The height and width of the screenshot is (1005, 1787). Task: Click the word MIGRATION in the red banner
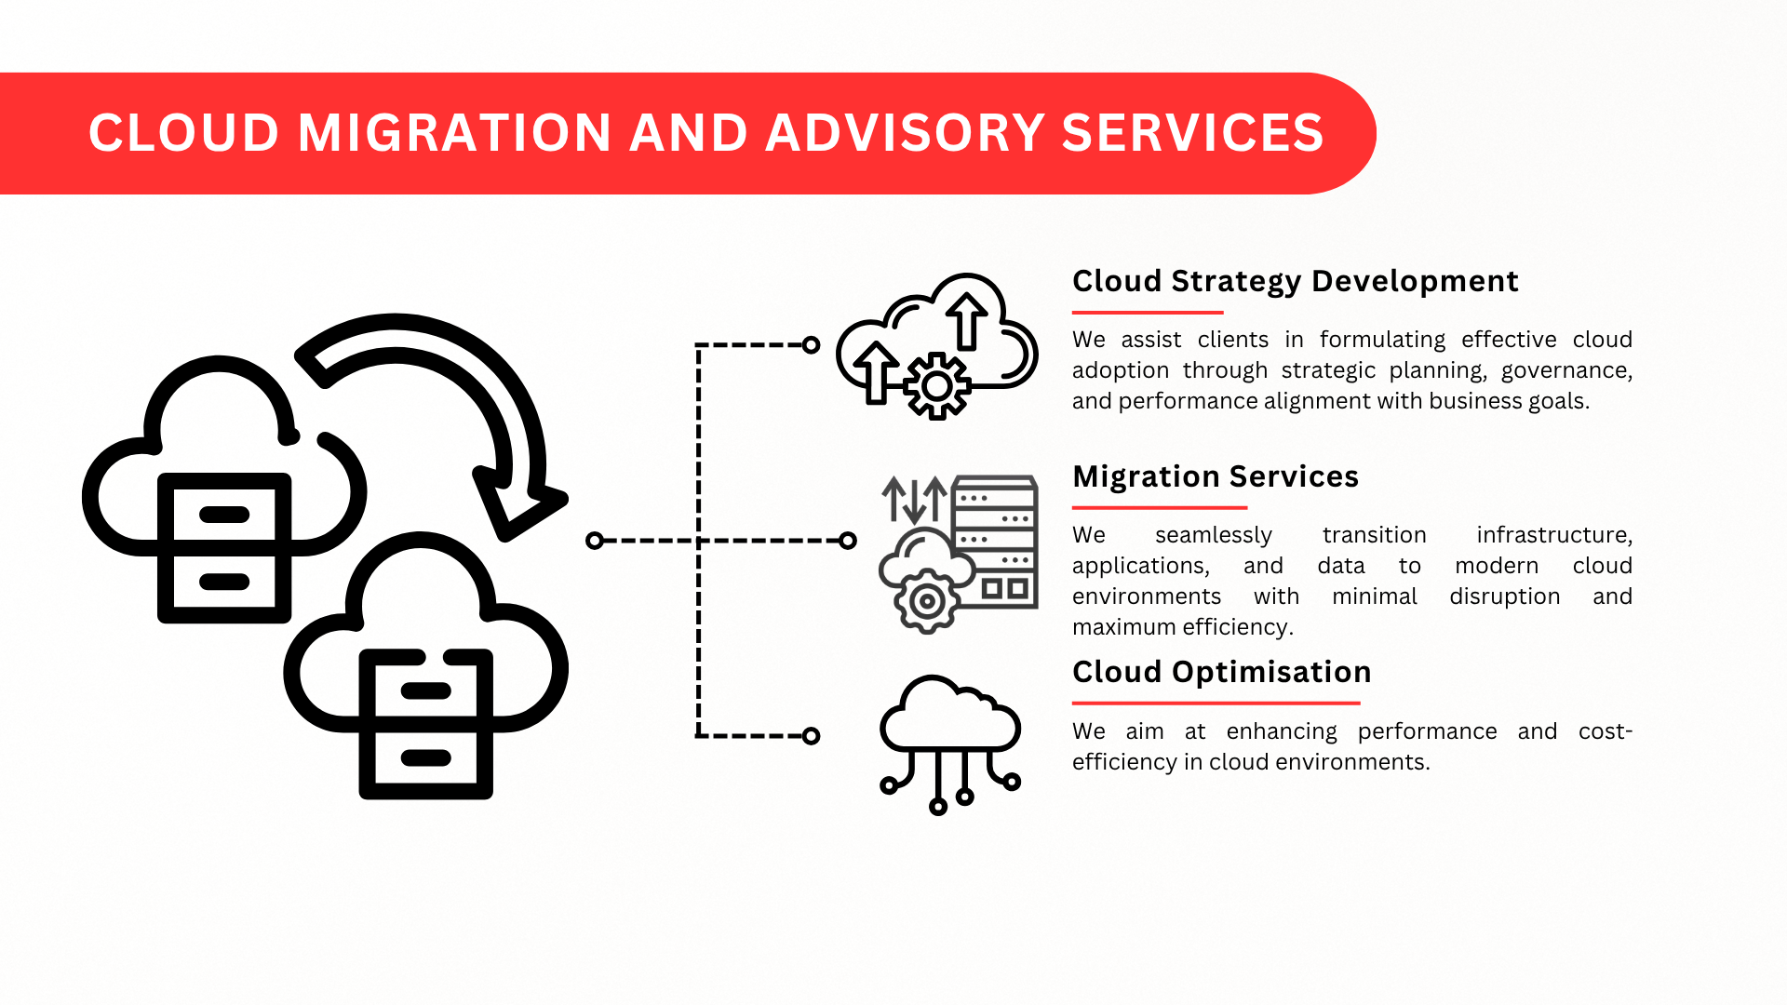(454, 132)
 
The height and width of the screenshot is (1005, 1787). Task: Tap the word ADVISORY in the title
(906, 132)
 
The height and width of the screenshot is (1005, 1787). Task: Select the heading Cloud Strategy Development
(1295, 281)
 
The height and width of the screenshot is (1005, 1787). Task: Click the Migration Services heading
(1215, 476)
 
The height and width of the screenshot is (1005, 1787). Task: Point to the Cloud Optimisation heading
(1221, 672)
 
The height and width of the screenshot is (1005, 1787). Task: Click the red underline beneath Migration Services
(1160, 508)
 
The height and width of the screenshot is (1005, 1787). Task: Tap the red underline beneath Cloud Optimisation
(1216, 703)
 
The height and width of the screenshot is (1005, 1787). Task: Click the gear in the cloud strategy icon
(937, 386)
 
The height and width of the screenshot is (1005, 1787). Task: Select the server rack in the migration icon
(995, 542)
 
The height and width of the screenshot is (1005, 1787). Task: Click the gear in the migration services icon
(926, 601)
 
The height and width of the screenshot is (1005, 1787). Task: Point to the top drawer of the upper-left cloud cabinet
(224, 515)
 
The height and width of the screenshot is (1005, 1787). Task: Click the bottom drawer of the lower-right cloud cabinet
(426, 757)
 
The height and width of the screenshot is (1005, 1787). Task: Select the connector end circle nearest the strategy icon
(811, 345)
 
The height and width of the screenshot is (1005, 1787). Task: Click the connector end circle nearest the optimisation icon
(811, 736)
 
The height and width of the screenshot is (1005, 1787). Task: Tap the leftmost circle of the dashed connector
(595, 541)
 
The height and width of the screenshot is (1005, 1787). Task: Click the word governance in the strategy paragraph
(1566, 370)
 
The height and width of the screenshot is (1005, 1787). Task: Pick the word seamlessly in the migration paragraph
(1213, 535)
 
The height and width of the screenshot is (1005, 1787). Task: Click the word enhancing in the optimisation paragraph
(1282, 731)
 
